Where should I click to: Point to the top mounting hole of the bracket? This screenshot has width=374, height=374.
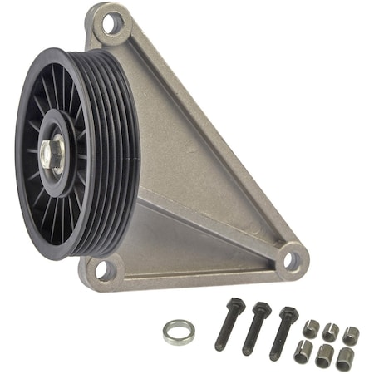click(x=111, y=24)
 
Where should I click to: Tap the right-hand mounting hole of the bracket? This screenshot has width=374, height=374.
click(x=291, y=260)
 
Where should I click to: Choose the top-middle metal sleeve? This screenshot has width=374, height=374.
click(x=331, y=332)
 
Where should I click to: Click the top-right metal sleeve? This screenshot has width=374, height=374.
click(x=350, y=335)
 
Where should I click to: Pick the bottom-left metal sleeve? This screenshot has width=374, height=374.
click(x=303, y=349)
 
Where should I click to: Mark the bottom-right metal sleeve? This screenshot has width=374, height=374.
click(x=344, y=358)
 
